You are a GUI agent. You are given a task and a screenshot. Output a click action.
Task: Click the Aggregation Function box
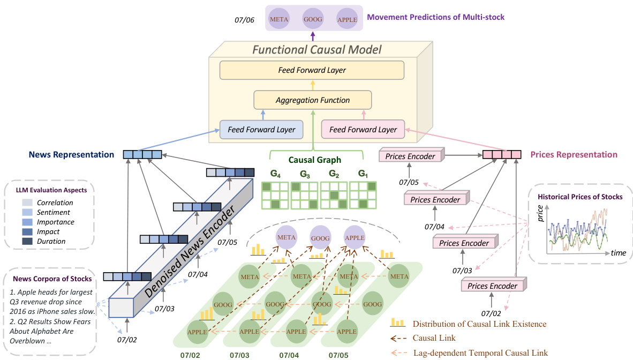pyautogui.click(x=312, y=100)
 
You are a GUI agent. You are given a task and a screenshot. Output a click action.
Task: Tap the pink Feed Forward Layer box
pyautogui.click(x=363, y=130)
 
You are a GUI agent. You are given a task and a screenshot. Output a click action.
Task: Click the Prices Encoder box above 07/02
pyautogui.click(x=493, y=286)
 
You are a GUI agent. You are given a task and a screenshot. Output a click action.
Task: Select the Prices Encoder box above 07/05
pyautogui.click(x=410, y=156)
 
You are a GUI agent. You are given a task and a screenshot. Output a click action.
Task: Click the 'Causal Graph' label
pyautogui.click(x=314, y=160)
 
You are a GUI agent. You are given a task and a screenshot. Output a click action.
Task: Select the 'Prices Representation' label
pyautogui.click(x=574, y=155)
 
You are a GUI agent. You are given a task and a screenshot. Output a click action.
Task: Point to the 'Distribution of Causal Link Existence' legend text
pyautogui.click(x=479, y=324)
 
